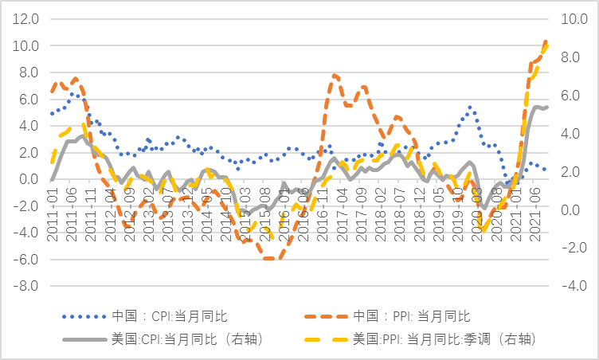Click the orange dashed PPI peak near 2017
click(x=335, y=76)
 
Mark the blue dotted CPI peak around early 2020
click(x=470, y=107)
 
